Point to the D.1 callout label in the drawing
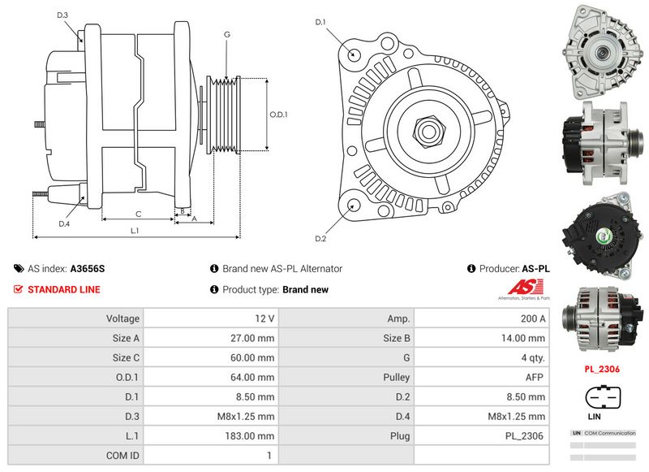(x=320, y=22)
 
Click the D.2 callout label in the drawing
(x=320, y=238)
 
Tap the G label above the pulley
(x=227, y=34)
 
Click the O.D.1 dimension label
(x=279, y=115)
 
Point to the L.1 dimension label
(x=135, y=231)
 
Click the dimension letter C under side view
(x=139, y=214)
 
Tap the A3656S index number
(x=88, y=268)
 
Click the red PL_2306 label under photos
(x=603, y=368)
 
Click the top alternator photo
(x=602, y=49)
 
